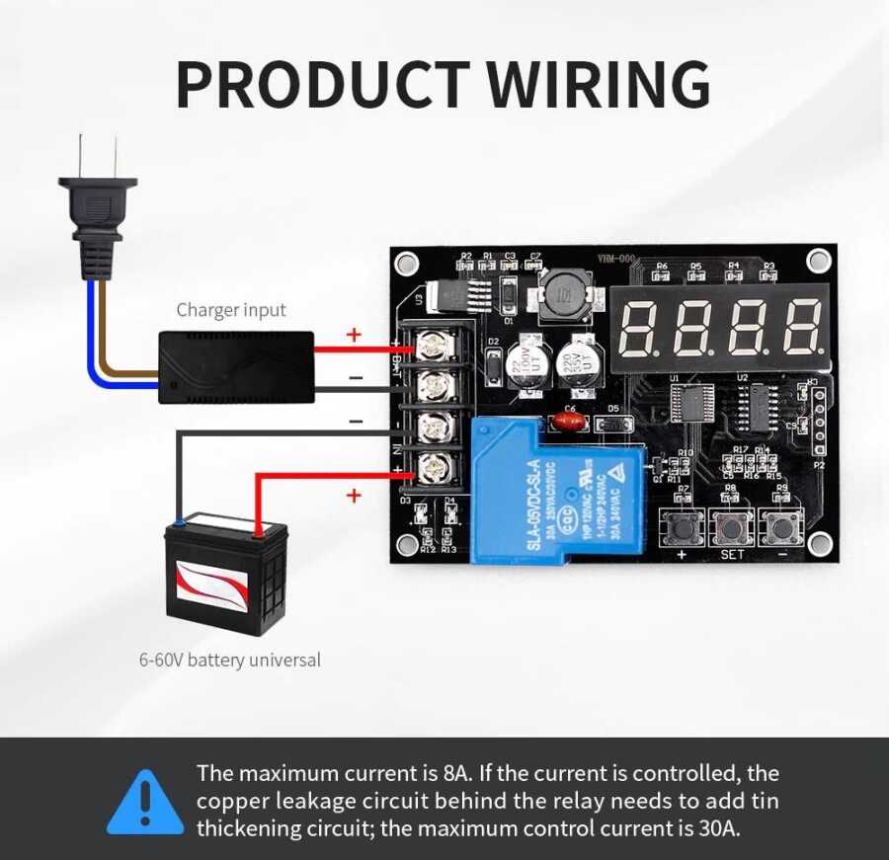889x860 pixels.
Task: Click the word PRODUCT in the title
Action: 322,85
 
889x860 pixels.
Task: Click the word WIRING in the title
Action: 600,85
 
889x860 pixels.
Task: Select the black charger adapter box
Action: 236,367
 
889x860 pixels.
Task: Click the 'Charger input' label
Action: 231,310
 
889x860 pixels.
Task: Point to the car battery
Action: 226,577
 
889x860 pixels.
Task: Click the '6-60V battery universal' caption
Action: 230,660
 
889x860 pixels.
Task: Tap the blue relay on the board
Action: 557,490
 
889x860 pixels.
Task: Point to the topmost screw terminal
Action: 432,346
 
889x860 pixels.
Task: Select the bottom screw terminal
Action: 432,468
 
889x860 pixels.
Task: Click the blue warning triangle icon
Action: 145,802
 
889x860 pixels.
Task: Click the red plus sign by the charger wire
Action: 354,335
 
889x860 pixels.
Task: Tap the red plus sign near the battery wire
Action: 354,495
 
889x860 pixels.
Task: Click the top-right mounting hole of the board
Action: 818,261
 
